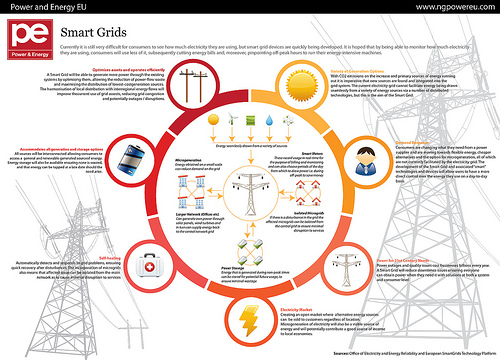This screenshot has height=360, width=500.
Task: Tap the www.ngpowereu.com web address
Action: point(447,9)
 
